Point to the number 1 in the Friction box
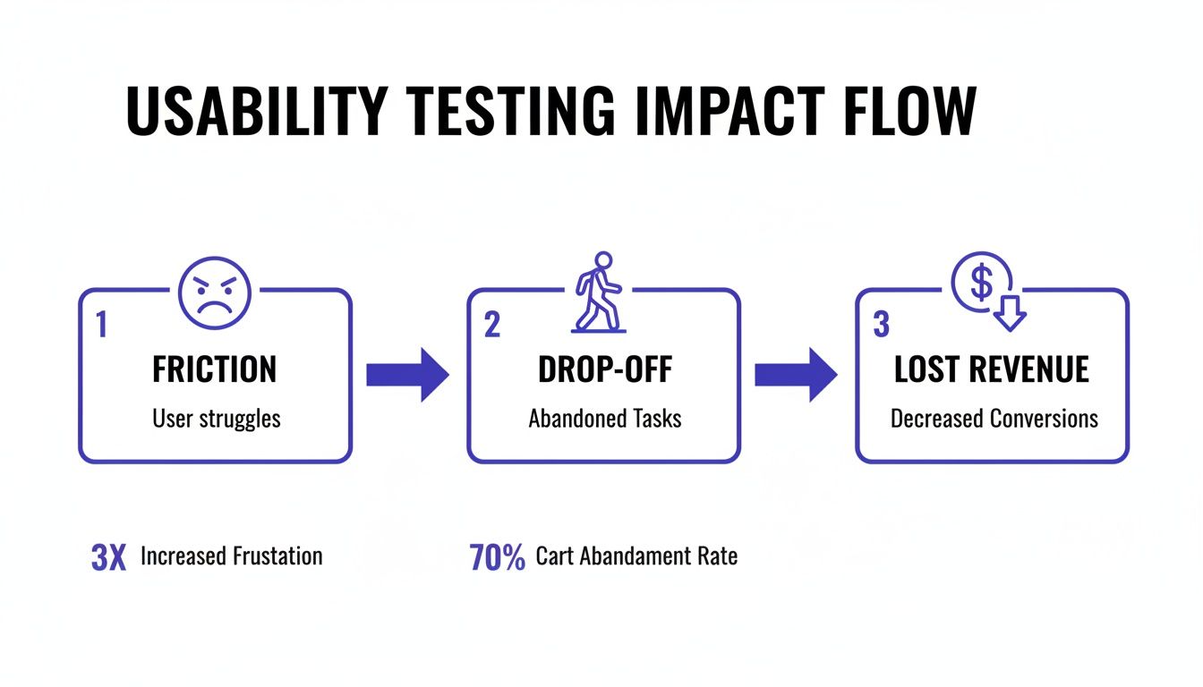[101, 325]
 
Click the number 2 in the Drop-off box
[491, 325]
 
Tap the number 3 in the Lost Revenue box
[881, 325]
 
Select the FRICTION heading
[215, 369]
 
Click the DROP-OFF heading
[604, 369]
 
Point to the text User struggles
[216, 418]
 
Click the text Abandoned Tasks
[605, 418]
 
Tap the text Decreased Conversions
[994, 418]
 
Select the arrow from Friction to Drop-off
[407, 374]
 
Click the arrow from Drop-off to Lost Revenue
[796, 374]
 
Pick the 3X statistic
[109, 556]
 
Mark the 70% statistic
[497, 556]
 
